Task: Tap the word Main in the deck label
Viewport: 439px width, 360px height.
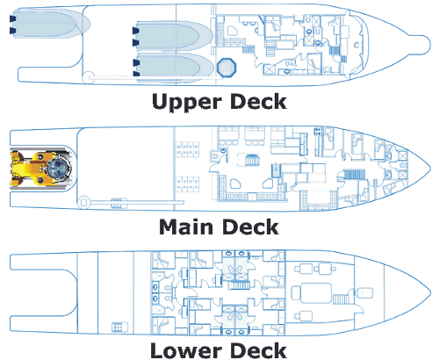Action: tap(186, 227)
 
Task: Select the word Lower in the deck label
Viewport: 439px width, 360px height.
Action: tap(186, 350)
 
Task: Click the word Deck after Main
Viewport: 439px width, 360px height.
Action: tap(251, 227)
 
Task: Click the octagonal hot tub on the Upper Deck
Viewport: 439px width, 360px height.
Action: tap(227, 68)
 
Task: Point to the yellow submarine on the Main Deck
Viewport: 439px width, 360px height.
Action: tap(41, 169)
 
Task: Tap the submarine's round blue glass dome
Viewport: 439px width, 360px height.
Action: tap(59, 169)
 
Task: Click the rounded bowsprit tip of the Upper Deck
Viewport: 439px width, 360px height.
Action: tap(421, 45)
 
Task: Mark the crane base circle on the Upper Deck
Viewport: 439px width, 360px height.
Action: tap(87, 77)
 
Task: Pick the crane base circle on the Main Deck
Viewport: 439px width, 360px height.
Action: tap(83, 202)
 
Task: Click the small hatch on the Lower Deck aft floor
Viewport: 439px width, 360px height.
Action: tap(119, 327)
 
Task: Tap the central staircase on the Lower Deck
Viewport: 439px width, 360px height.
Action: tap(239, 284)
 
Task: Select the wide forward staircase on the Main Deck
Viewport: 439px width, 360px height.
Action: tap(354, 174)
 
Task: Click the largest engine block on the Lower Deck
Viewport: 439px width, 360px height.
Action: tap(312, 292)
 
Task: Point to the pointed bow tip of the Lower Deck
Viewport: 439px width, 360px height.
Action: tap(430, 292)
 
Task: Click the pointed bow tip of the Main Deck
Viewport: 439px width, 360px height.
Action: tap(430, 169)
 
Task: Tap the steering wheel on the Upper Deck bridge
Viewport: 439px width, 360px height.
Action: tap(356, 45)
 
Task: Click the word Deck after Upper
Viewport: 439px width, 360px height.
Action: tap(258, 102)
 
